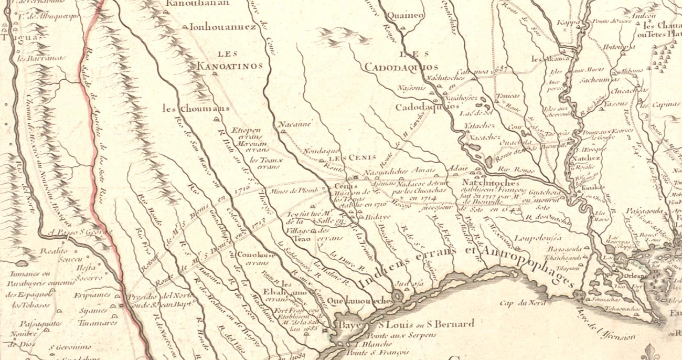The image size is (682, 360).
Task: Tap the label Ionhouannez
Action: pyautogui.click(x=222, y=26)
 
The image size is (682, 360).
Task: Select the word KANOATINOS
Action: pyautogui.click(x=229, y=66)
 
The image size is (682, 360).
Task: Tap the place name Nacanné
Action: pyautogui.click(x=295, y=124)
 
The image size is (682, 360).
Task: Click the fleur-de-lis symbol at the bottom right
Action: pyautogui.click(x=652, y=352)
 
